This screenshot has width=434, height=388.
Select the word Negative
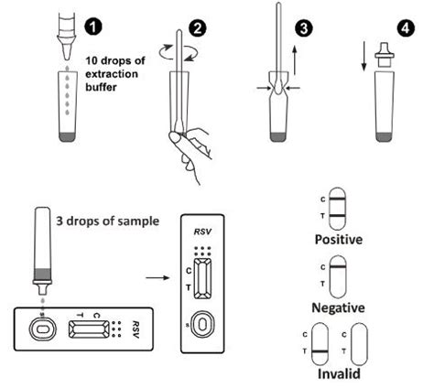point(339,307)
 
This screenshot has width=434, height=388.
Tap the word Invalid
point(338,374)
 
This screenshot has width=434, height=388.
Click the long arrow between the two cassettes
point(158,271)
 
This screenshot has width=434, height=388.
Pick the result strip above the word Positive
point(337,207)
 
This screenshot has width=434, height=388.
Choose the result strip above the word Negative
point(337,274)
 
